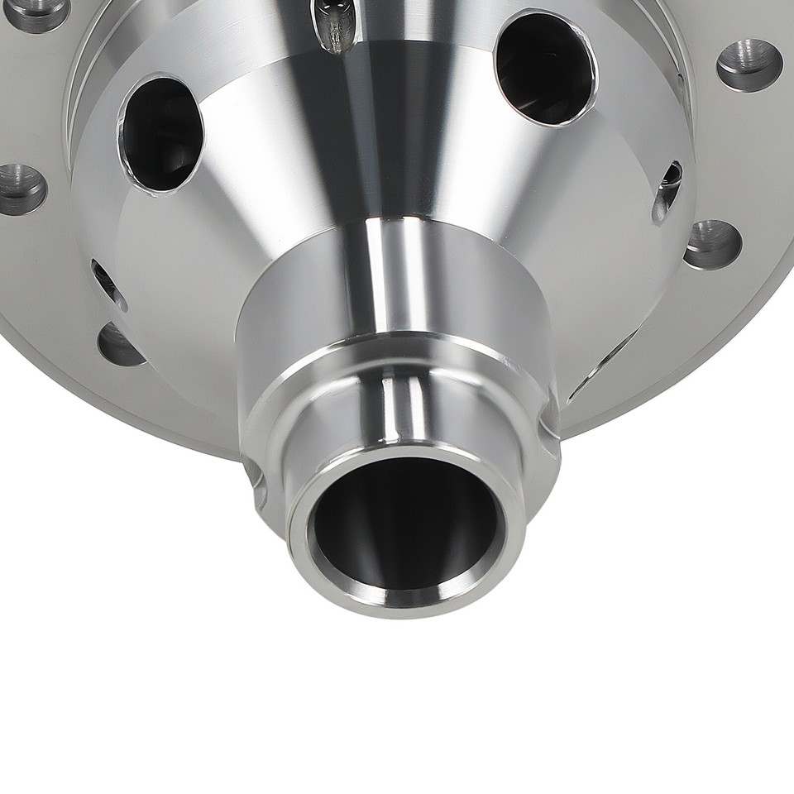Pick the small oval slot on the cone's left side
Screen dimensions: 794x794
pos(108,285)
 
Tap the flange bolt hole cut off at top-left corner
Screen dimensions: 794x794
pos(37,12)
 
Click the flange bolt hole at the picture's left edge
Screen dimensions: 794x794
pos(20,188)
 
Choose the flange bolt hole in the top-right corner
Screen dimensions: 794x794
pos(749,65)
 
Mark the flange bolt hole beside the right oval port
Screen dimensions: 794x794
pos(712,244)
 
